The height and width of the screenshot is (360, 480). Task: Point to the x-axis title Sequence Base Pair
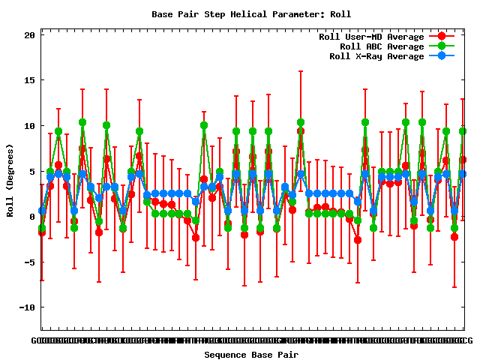point(251,355)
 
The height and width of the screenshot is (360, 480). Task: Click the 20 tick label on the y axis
point(29,35)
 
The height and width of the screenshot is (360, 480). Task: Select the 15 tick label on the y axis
point(29,80)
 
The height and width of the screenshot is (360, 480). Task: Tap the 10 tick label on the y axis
point(29,126)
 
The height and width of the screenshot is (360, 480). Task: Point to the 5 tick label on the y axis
point(32,171)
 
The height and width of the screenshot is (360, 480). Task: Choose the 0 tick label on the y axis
point(32,217)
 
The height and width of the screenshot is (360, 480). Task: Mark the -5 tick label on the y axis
point(29,262)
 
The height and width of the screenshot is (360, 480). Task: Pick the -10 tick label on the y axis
point(27,307)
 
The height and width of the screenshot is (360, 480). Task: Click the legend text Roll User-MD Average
point(371,37)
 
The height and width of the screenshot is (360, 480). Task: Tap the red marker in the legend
point(442,37)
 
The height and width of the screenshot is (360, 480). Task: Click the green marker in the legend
point(442,46)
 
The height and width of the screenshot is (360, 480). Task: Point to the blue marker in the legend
point(442,56)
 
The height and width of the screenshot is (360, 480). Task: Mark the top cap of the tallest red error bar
point(301,71)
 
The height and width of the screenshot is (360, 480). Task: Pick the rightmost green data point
point(463,131)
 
